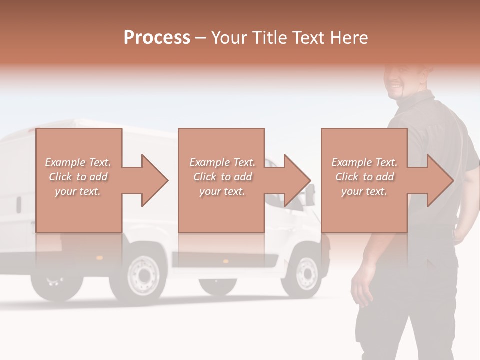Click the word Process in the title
157,38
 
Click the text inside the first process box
78,177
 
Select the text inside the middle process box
222,177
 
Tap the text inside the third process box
364,177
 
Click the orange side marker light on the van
225,261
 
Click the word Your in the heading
228,38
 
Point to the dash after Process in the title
200,38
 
